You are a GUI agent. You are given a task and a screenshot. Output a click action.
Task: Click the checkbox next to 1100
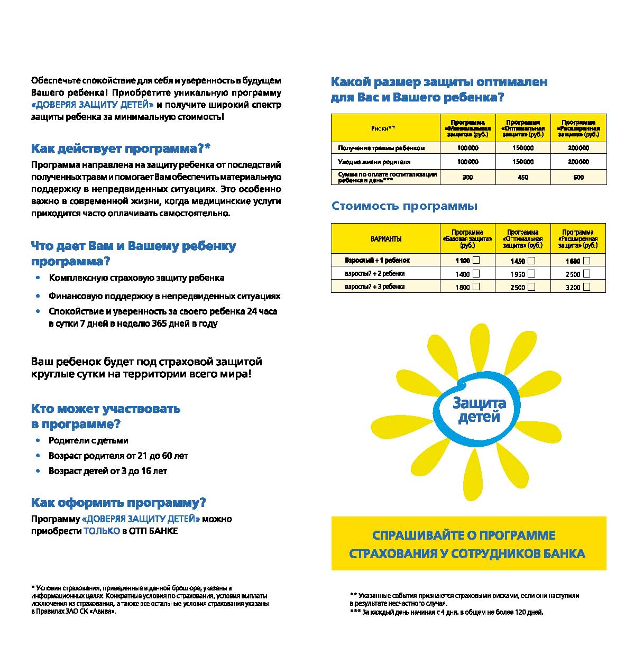click(x=476, y=260)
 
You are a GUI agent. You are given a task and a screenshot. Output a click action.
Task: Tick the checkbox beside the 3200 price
click(x=586, y=287)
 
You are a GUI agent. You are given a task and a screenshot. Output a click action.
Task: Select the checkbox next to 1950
click(x=531, y=274)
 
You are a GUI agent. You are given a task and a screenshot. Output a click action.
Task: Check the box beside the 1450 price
click(x=531, y=261)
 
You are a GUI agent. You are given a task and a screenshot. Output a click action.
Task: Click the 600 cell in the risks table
click(x=578, y=177)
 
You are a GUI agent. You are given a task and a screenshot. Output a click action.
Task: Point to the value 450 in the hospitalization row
click(x=523, y=177)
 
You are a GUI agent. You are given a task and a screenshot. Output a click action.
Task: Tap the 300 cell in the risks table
click(x=467, y=177)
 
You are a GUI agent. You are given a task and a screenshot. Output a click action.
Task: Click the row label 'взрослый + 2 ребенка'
click(x=374, y=273)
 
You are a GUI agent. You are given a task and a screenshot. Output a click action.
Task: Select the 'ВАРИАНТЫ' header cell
click(x=385, y=239)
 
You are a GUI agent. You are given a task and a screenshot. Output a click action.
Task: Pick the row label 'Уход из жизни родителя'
click(x=374, y=162)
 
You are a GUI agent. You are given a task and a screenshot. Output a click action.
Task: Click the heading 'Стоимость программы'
click(x=404, y=206)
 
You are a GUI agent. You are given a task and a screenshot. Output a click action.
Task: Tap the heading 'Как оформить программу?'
click(x=118, y=503)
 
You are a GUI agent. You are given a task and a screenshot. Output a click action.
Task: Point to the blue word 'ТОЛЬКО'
click(x=102, y=531)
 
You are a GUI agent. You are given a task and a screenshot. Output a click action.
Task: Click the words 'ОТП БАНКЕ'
click(x=153, y=531)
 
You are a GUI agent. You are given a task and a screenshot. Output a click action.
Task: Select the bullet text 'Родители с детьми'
click(x=88, y=441)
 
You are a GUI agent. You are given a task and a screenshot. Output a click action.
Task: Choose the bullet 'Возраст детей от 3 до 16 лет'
click(x=108, y=471)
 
